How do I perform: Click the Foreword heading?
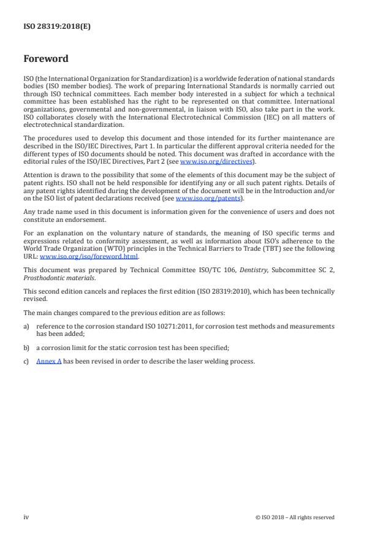pyautogui.click(x=46, y=59)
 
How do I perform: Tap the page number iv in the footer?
pyautogui.click(x=26, y=517)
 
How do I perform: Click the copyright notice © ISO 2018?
pyautogui.click(x=295, y=517)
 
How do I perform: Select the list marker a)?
pyautogui.click(x=26, y=326)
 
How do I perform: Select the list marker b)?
pyautogui.click(x=26, y=348)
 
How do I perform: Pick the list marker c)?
pyautogui.click(x=26, y=361)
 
